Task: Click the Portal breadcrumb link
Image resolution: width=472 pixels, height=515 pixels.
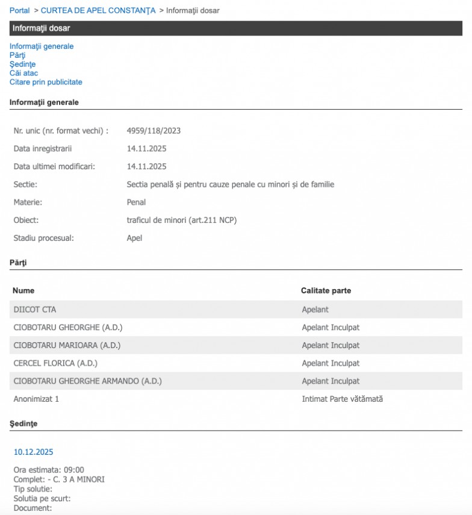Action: pos(19,10)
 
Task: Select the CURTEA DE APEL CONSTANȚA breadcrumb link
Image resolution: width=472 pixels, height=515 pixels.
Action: pos(98,10)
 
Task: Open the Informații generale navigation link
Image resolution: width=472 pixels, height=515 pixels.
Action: pos(42,46)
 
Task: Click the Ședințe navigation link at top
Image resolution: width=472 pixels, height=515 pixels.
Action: pos(22,64)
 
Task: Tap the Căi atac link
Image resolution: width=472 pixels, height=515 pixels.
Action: pos(23,73)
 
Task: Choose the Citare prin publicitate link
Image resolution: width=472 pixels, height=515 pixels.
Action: pos(46,82)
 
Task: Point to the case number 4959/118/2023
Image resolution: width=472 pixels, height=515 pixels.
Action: pos(154,131)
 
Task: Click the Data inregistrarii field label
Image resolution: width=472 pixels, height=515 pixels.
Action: pos(42,149)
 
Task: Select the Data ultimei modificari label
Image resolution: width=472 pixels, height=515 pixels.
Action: pos(54,166)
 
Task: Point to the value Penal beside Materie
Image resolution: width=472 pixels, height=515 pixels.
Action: pos(136,202)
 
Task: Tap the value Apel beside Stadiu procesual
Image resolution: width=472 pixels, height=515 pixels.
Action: pos(134,238)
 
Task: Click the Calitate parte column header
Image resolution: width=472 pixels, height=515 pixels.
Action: pos(326,291)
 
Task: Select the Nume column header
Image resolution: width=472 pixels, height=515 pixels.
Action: pos(23,291)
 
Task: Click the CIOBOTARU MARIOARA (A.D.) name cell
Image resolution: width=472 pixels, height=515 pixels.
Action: pos(67,345)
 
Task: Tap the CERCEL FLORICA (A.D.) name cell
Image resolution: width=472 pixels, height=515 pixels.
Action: pos(55,363)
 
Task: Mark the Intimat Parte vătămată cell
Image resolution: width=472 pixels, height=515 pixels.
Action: pos(342,399)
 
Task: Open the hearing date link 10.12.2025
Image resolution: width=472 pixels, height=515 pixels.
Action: pos(33,452)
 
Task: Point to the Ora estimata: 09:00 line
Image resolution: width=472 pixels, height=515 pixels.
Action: pos(49,470)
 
